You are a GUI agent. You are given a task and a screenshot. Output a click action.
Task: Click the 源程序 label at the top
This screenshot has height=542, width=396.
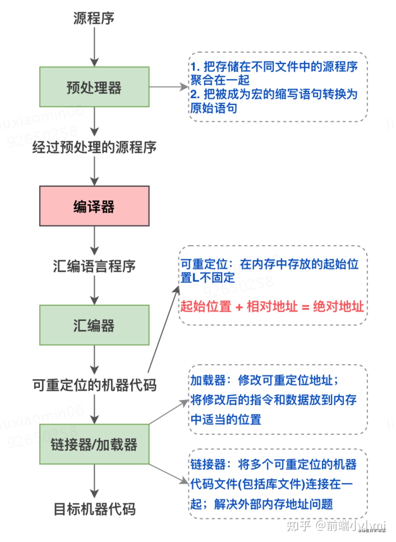pyautogui.click(x=94, y=18)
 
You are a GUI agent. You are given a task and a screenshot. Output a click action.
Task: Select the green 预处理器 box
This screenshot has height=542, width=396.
pyautogui.click(x=94, y=87)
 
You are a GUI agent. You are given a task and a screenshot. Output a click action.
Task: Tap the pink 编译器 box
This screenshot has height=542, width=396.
pyautogui.click(x=94, y=206)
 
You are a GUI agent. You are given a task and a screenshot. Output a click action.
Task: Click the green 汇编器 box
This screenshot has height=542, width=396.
pyautogui.click(x=94, y=325)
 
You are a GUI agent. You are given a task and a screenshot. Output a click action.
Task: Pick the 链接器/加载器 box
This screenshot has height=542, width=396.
pyautogui.click(x=94, y=444)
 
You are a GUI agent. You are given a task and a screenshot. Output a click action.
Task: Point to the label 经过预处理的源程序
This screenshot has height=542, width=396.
pyautogui.click(x=94, y=147)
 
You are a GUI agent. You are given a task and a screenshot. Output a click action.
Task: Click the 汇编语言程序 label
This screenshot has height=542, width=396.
pyautogui.click(x=94, y=266)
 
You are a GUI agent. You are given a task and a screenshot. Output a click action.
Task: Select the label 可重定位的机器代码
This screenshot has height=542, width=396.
pyautogui.click(x=94, y=385)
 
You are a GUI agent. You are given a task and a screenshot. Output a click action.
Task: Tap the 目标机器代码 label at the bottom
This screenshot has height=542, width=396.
pyautogui.click(x=94, y=509)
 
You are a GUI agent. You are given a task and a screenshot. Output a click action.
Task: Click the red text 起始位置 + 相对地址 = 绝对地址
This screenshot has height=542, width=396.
pyautogui.click(x=272, y=306)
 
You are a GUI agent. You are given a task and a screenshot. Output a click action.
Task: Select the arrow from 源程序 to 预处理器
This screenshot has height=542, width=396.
pyautogui.click(x=94, y=46)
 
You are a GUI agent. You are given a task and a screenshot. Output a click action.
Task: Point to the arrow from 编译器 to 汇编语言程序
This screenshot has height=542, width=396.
pyautogui.click(x=94, y=240)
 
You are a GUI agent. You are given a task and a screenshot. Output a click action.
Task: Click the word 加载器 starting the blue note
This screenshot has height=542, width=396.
pyautogui.click(x=208, y=380)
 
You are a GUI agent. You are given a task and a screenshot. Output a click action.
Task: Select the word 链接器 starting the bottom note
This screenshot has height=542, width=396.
pyautogui.click(x=208, y=465)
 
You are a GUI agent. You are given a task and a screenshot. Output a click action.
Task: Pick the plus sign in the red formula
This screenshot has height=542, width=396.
pyautogui.click(x=239, y=307)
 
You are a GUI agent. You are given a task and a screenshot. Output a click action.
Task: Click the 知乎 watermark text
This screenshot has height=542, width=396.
pyautogui.click(x=298, y=525)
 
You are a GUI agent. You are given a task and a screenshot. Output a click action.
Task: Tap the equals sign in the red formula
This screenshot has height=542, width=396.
pyautogui.click(x=305, y=307)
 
